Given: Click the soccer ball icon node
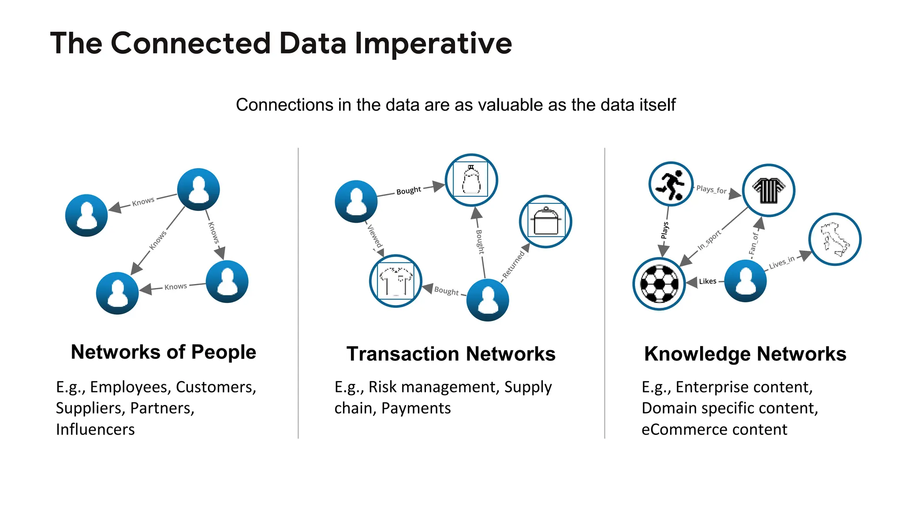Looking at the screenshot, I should [659, 284].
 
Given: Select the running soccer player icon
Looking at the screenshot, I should [671, 184].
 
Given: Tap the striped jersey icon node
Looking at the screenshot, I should [768, 190].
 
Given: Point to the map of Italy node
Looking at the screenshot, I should [835, 239].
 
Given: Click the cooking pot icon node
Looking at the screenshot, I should [545, 221].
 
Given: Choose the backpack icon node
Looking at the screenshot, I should [471, 180].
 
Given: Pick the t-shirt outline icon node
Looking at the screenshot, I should [396, 281].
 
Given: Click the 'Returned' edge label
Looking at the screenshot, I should [514, 264].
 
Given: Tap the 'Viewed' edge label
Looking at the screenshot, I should [374, 236].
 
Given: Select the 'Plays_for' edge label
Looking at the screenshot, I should [711, 190].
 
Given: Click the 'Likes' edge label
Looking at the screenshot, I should [707, 281].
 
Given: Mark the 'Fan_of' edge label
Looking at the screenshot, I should [754, 243].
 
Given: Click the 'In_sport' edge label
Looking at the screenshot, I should [709, 240].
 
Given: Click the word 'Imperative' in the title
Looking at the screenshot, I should [433, 44].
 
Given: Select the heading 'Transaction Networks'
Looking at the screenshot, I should [451, 354].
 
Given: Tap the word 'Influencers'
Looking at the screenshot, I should [95, 429].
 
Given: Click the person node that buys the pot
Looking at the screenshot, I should [488, 300].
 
